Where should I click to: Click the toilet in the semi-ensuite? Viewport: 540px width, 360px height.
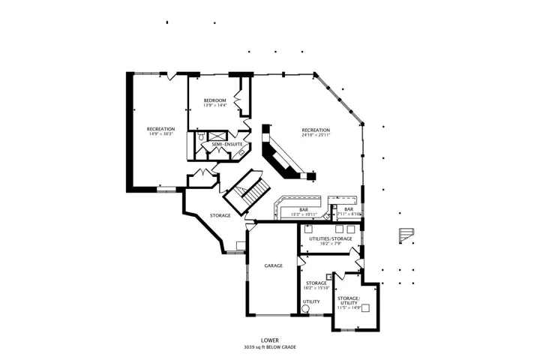click(x=201, y=136)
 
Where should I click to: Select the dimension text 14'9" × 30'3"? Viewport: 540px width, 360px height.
click(x=160, y=133)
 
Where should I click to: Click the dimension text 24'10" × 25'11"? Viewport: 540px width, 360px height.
click(x=316, y=135)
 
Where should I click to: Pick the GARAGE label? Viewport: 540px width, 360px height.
click(x=274, y=265)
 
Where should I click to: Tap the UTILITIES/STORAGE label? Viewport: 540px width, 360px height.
click(x=331, y=238)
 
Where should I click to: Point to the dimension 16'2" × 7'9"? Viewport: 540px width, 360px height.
click(x=331, y=244)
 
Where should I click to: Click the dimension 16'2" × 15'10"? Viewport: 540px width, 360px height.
click(x=316, y=288)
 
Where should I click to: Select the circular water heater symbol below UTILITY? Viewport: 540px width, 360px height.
click(x=305, y=309)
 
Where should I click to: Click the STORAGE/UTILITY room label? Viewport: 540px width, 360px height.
click(x=349, y=301)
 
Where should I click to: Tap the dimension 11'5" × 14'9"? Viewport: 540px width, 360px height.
click(x=349, y=307)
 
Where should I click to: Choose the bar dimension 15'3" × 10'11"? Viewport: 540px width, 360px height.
click(x=304, y=214)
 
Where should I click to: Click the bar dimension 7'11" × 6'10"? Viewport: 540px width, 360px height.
click(x=349, y=214)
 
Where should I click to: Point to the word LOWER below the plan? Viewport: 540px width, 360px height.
click(x=270, y=340)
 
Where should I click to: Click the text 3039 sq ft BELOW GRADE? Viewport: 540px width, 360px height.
click(x=270, y=347)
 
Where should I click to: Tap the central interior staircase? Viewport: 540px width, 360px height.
click(x=247, y=191)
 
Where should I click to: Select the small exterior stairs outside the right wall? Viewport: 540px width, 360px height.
click(x=406, y=235)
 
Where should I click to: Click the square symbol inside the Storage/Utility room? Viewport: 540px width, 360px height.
click(x=365, y=307)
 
